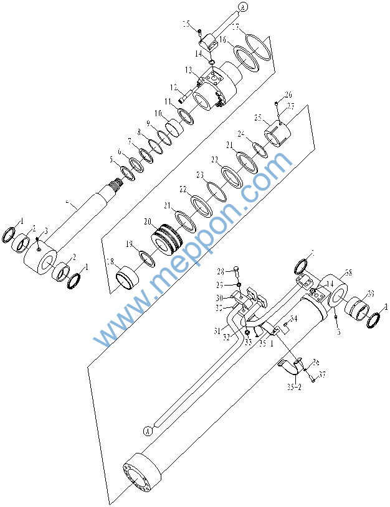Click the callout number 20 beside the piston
coord(147,221)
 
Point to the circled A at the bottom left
coord(148,430)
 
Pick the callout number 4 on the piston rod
coord(73,203)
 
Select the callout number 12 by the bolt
coord(175,87)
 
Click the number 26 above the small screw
coord(288,95)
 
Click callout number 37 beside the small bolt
coord(322,374)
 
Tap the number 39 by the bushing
coord(369,294)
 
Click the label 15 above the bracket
coord(186,24)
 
